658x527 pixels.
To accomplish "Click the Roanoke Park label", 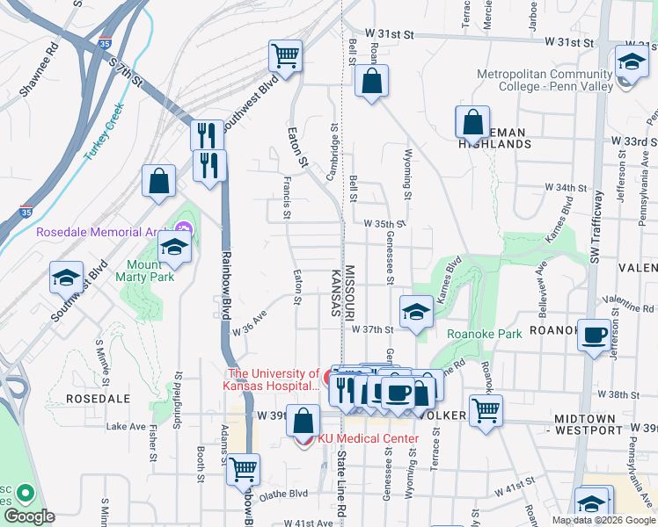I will tap(485, 333).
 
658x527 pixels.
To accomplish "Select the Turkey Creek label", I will tap(105, 132).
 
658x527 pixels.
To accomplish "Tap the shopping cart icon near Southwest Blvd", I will tap(285, 56).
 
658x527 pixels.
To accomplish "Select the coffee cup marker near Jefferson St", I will tap(595, 336).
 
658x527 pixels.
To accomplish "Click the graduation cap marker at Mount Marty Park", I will tap(175, 248).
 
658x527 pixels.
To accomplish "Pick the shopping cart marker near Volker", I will tap(485, 408).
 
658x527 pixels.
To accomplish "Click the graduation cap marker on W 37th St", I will tap(416, 310).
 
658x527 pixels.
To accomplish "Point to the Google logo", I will tap(28, 516).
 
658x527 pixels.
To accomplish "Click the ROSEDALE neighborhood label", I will tap(99, 398).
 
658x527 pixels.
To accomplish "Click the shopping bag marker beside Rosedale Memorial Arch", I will tap(159, 181).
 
